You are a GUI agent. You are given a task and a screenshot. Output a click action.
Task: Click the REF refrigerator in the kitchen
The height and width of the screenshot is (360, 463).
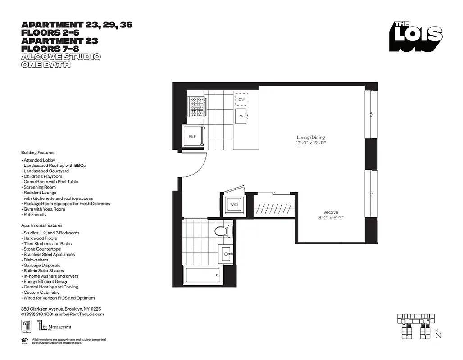[x=192, y=136]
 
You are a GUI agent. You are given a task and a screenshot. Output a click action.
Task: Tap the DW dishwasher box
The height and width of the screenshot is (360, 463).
[x=242, y=99]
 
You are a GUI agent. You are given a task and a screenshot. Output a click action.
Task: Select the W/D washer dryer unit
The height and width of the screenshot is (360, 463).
[x=234, y=205]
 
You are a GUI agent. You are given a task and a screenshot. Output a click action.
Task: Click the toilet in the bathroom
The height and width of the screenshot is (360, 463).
[x=223, y=231]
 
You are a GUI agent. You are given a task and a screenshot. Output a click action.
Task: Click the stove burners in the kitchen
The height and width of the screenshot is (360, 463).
[x=197, y=107]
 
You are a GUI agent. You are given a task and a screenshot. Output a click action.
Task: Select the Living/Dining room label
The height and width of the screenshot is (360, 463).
[x=310, y=137]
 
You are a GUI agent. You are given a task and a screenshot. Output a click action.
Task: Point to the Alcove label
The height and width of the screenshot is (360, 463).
[x=331, y=212]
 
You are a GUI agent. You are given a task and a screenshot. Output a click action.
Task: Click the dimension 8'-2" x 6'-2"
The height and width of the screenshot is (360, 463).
[x=331, y=218]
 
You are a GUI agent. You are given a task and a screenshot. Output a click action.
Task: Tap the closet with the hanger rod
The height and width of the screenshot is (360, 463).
[x=274, y=207]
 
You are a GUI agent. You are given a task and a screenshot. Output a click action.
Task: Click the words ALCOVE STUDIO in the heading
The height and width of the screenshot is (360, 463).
[x=61, y=57]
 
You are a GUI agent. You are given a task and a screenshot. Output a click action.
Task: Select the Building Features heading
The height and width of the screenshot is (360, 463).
[x=38, y=153]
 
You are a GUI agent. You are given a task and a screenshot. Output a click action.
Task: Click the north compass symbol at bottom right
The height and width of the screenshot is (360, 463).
[x=439, y=335]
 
